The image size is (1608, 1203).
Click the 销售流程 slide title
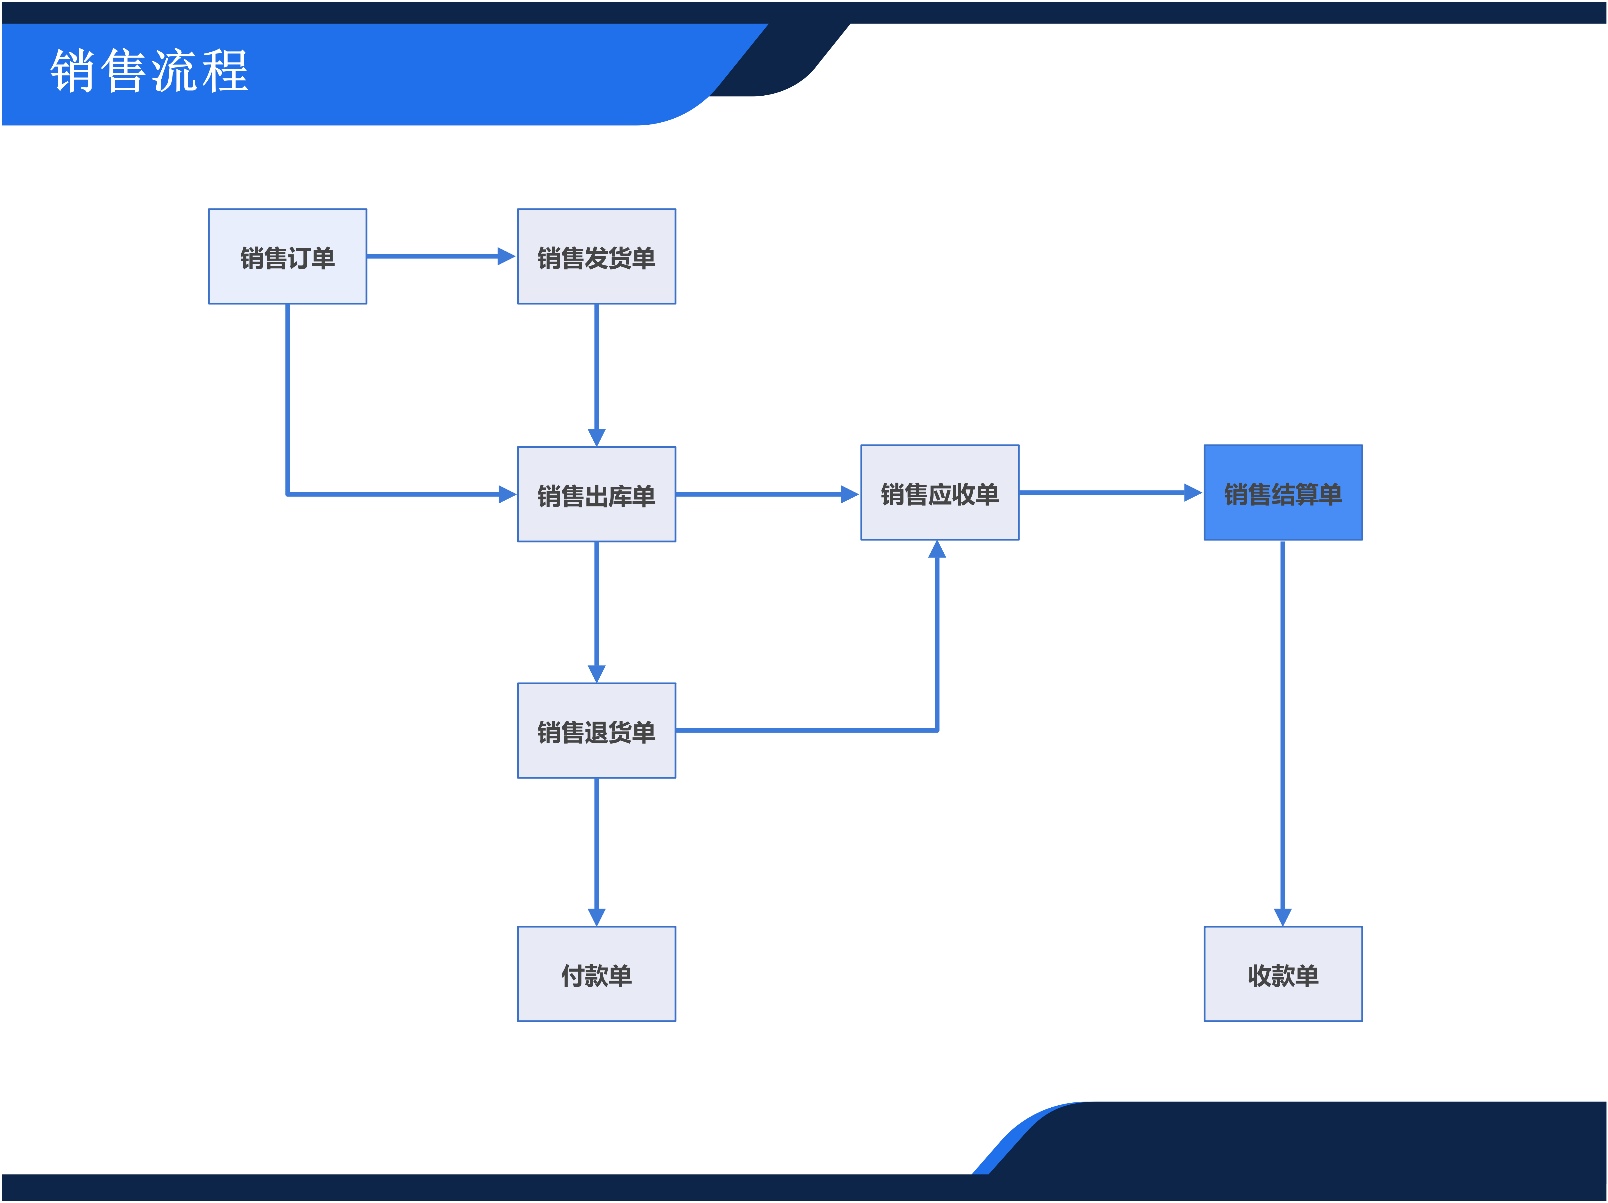click(x=150, y=71)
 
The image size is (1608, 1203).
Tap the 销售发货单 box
click(x=596, y=257)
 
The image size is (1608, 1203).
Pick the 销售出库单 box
click(x=596, y=494)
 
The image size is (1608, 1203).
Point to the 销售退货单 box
click(x=596, y=731)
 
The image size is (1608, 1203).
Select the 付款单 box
click(x=596, y=974)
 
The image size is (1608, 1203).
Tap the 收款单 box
click(x=1283, y=974)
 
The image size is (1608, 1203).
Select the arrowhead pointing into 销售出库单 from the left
click(x=507, y=494)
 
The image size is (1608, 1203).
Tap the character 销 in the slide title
click(x=73, y=71)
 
